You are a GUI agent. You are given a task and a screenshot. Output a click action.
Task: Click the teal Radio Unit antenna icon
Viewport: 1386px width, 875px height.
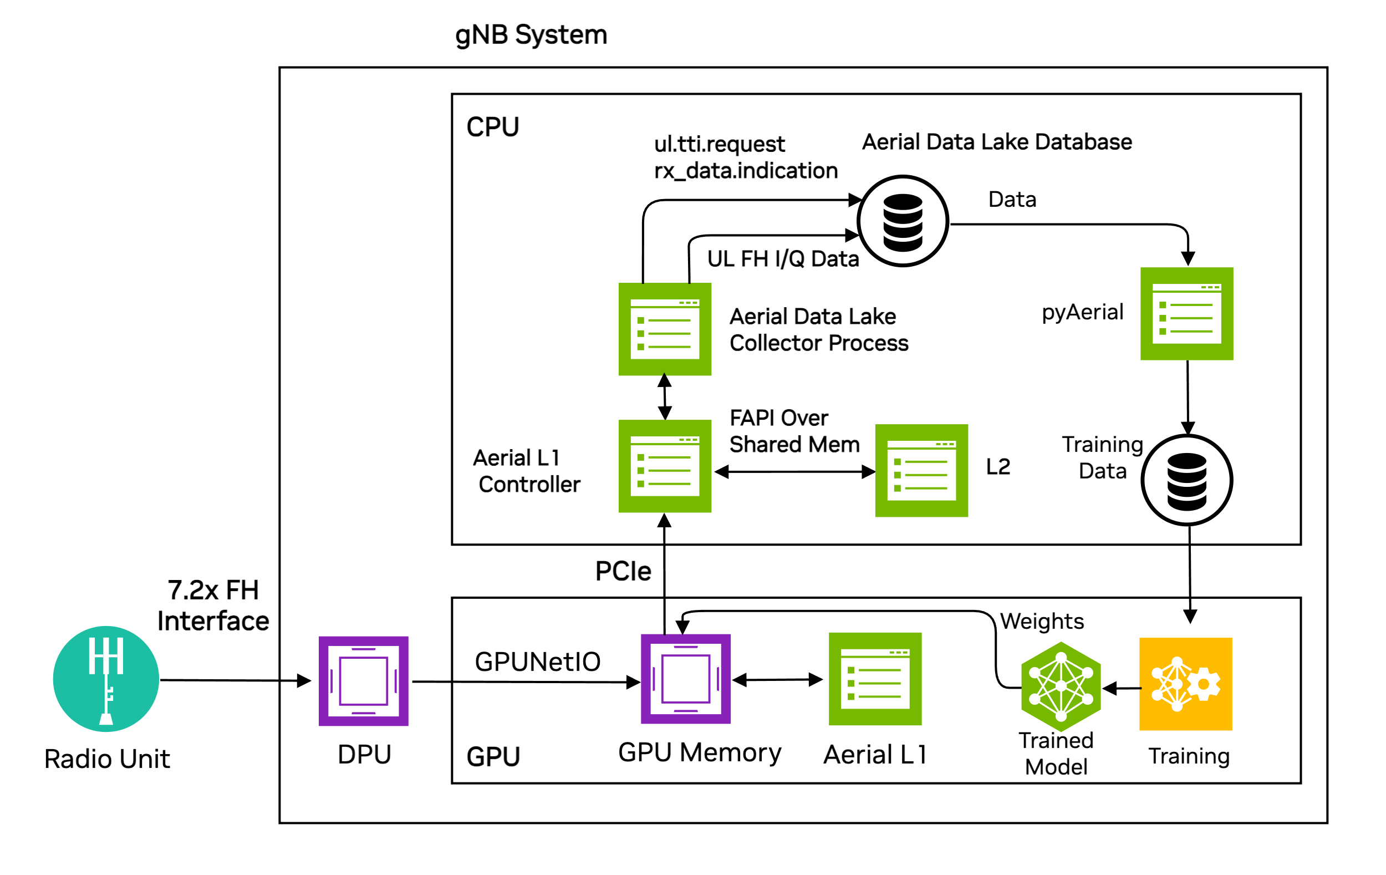pos(106,679)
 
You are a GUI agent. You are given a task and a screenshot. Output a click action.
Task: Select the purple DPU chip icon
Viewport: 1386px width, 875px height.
pos(363,681)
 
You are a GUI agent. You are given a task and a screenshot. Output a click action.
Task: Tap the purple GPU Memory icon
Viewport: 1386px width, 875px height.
pos(686,679)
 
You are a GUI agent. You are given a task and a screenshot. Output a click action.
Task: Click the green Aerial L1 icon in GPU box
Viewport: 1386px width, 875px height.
pos(875,679)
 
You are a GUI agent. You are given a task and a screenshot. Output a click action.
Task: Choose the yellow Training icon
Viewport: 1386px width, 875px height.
pos(1186,684)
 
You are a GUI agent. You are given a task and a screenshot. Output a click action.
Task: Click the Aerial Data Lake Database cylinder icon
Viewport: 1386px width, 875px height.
pos(903,222)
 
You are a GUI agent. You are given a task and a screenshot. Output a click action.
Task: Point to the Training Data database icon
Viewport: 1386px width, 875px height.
pos(1186,480)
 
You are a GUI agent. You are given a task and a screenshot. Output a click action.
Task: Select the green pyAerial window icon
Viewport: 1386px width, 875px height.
pos(1186,314)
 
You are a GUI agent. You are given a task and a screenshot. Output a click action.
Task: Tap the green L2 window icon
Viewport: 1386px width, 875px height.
pos(921,471)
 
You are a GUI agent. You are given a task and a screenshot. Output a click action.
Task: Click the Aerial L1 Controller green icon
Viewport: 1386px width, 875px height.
pos(665,466)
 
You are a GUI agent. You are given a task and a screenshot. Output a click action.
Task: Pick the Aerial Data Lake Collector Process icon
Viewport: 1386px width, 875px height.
pos(665,329)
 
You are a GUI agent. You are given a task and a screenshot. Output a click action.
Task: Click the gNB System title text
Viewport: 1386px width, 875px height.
pos(531,34)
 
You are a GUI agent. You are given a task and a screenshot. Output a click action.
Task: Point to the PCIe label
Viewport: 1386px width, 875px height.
pos(623,571)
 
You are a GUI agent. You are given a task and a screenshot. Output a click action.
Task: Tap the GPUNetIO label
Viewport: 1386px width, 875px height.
pos(538,662)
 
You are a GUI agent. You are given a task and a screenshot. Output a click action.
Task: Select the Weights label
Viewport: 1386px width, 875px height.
pos(1042,621)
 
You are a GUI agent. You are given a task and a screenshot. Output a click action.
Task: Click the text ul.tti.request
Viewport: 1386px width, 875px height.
pos(719,144)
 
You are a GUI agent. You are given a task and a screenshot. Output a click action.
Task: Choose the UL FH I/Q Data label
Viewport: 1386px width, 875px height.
pos(783,259)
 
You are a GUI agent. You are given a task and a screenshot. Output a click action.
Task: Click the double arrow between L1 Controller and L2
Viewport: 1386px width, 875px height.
pos(794,472)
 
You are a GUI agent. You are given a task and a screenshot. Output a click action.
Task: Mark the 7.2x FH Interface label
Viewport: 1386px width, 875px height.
pos(213,606)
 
